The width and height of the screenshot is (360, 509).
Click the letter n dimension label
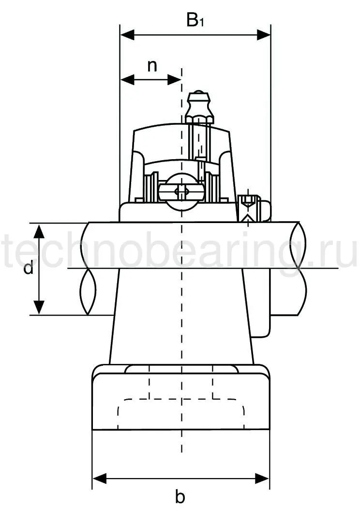[x=152, y=66]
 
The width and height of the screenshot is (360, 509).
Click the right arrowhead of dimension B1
[x=264, y=34]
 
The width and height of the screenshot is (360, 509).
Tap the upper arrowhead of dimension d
[x=39, y=231]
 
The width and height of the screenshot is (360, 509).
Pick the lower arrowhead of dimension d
[x=39, y=307]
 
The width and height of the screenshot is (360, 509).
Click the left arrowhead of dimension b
[x=99, y=479]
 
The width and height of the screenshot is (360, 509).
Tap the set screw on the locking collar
[x=249, y=208]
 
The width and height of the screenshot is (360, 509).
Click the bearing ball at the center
[x=181, y=193]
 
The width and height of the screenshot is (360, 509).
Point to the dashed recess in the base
[x=181, y=414]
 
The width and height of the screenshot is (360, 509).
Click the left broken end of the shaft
[x=87, y=269]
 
